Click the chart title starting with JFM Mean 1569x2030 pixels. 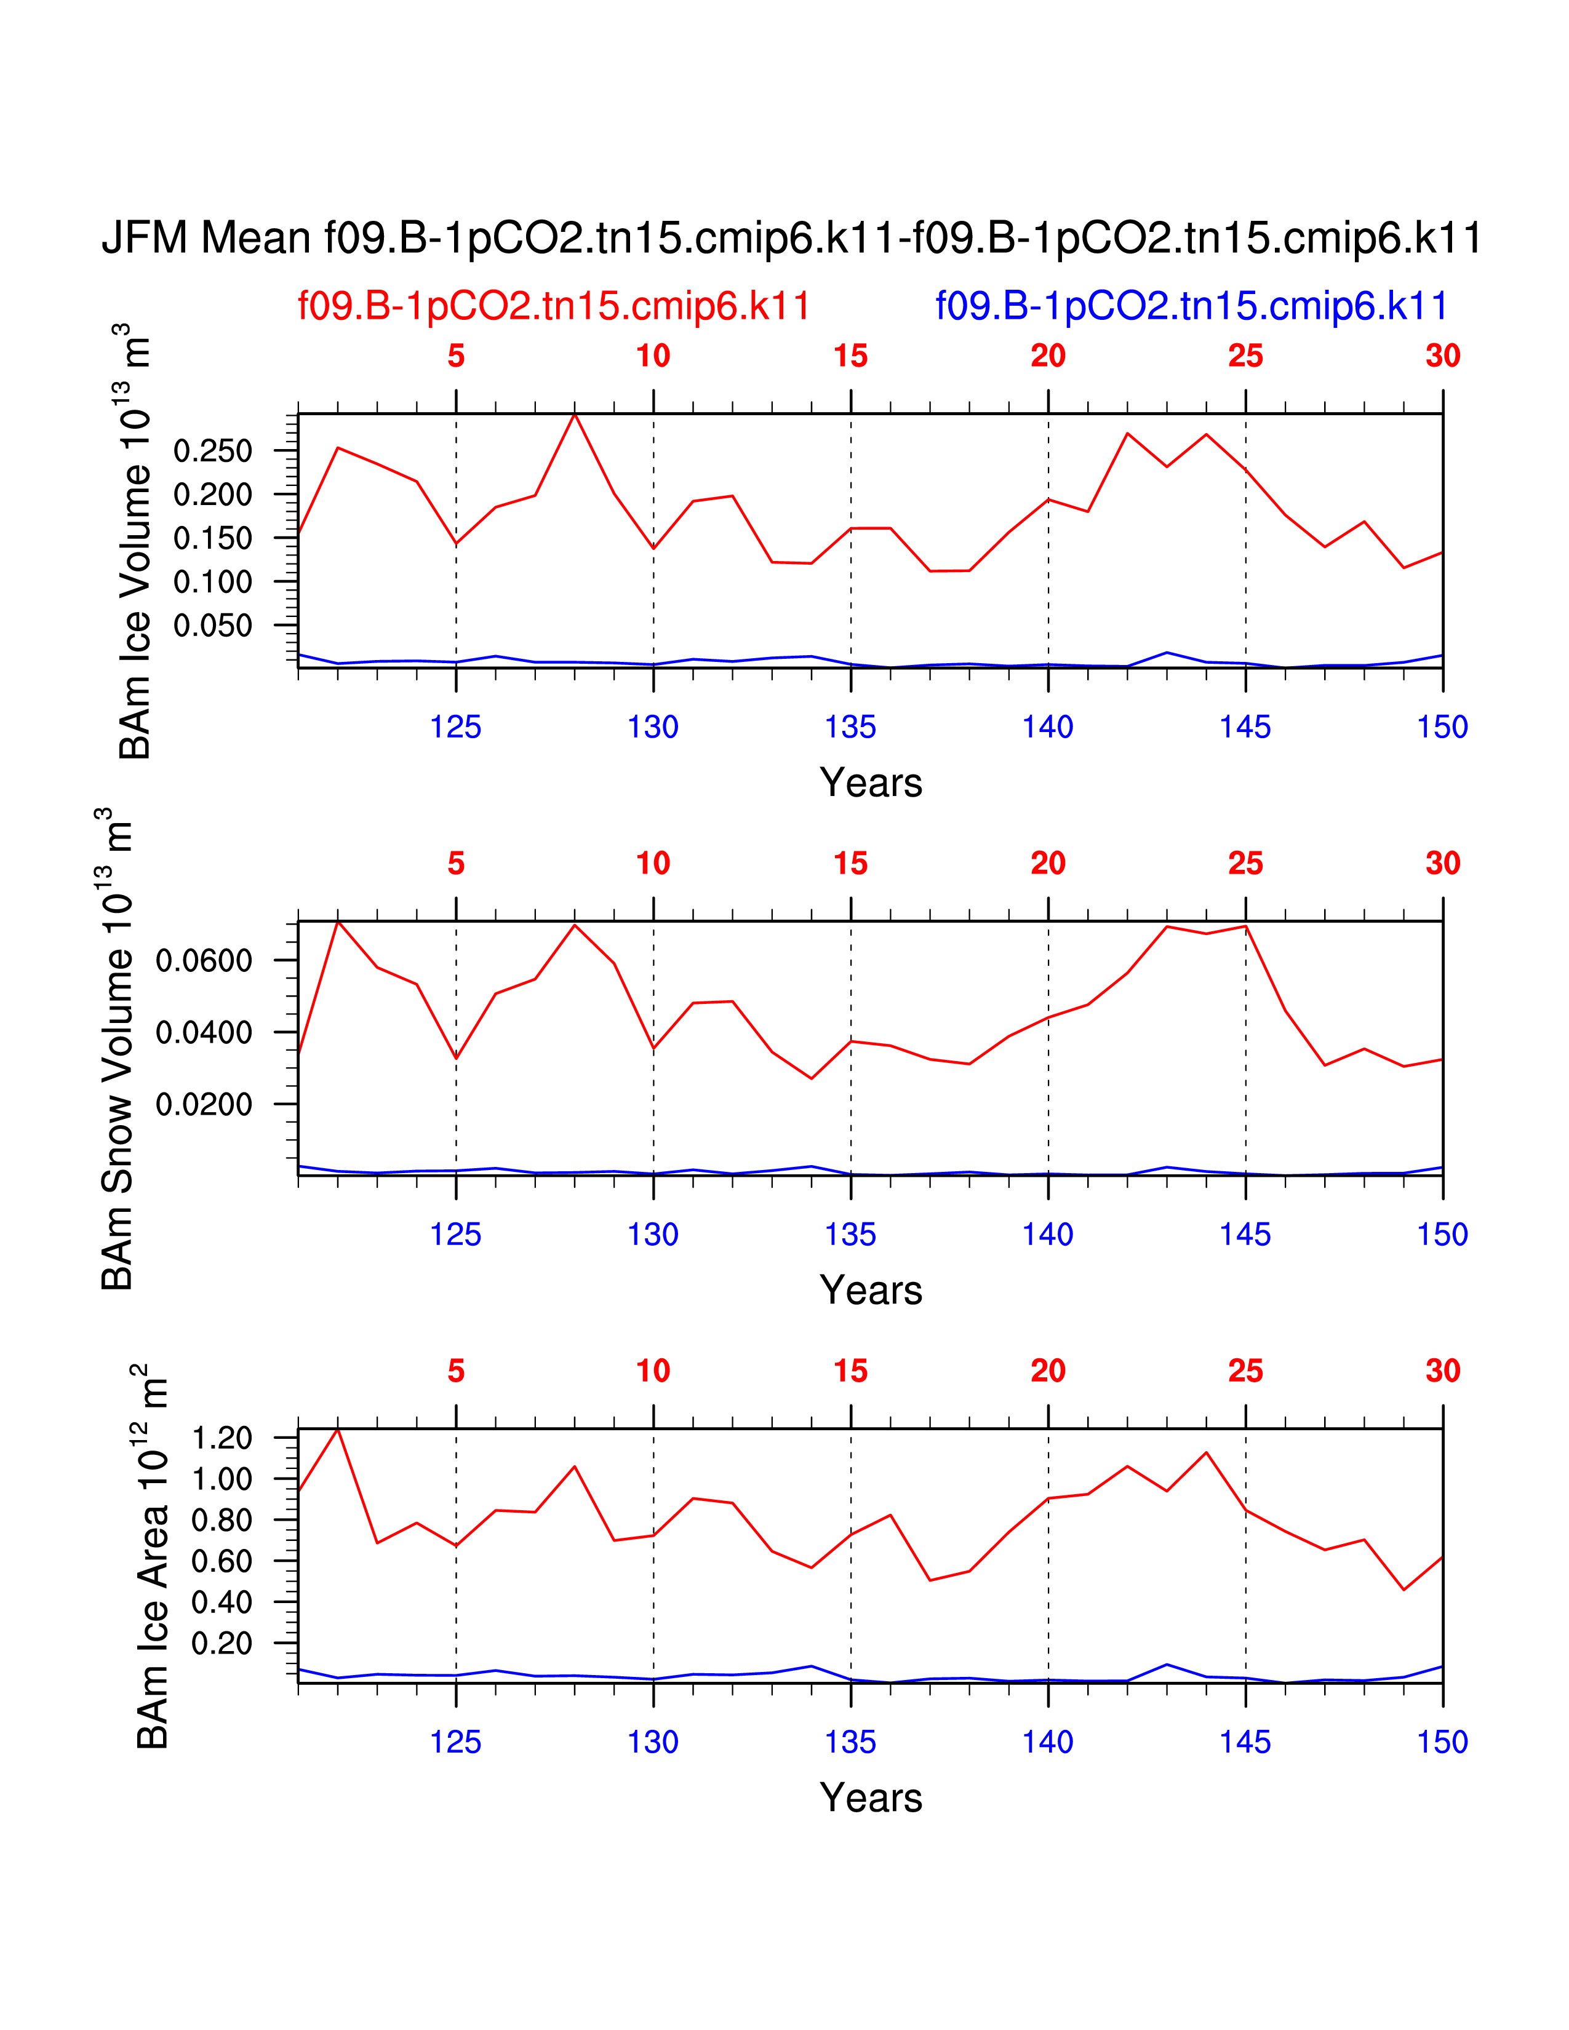coord(791,238)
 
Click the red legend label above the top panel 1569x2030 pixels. coord(554,306)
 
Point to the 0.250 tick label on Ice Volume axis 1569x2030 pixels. coord(213,452)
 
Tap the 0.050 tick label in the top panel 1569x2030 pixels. coord(213,626)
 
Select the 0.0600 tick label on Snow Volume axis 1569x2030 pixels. coord(204,960)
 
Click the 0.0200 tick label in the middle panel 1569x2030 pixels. coord(204,1104)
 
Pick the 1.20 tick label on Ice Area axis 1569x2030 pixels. coord(222,1438)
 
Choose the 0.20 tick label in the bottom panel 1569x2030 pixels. coord(222,1643)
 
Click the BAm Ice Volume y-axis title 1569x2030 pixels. coord(136,542)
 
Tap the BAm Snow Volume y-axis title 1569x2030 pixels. coord(117,1048)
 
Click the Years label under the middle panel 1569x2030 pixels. coord(871,1290)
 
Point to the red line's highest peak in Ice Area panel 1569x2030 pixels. coord(337,1428)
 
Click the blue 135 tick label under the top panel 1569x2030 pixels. coord(850,727)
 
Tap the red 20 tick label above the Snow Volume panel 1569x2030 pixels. coord(1048,864)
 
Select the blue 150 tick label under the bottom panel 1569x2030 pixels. coord(1442,1742)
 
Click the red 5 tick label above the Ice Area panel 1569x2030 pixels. coord(455,1371)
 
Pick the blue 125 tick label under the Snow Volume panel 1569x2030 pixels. coord(455,1235)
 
